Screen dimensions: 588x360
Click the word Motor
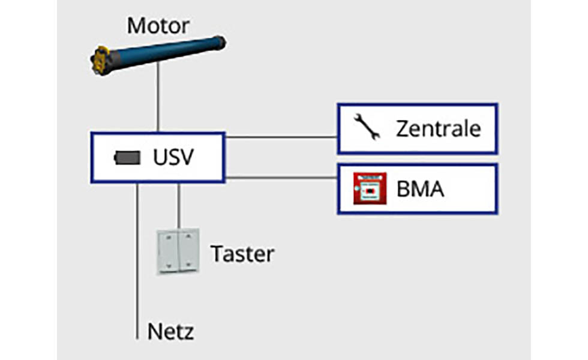point(158,25)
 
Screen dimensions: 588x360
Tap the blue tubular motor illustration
point(158,55)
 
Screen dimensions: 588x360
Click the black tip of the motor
point(221,43)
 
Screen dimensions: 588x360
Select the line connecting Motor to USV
point(158,97)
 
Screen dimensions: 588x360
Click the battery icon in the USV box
point(127,158)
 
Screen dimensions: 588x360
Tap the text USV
point(173,157)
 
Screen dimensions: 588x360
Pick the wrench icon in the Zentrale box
point(367,127)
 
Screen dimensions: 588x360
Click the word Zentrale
point(439,128)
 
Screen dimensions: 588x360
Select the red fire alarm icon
point(370,188)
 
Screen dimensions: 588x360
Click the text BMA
point(421,189)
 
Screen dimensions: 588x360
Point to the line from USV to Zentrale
point(281,137)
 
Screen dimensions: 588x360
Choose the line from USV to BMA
point(281,178)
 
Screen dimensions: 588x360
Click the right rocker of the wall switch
point(188,250)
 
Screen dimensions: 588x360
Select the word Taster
point(242,254)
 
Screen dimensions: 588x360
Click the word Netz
point(170,331)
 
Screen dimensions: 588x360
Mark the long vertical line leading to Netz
point(137,262)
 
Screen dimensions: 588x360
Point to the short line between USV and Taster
point(179,206)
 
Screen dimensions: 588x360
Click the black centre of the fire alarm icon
point(371,191)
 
